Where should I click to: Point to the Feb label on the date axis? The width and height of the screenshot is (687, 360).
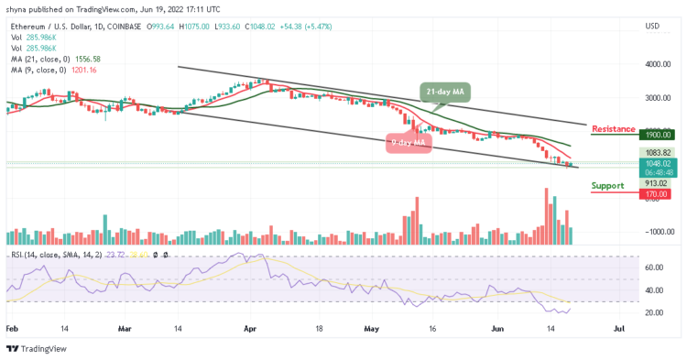click(11, 326)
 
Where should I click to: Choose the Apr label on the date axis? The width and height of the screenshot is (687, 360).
click(251, 326)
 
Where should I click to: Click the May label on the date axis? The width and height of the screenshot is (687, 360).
click(370, 326)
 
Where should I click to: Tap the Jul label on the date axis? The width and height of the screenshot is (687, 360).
click(619, 326)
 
